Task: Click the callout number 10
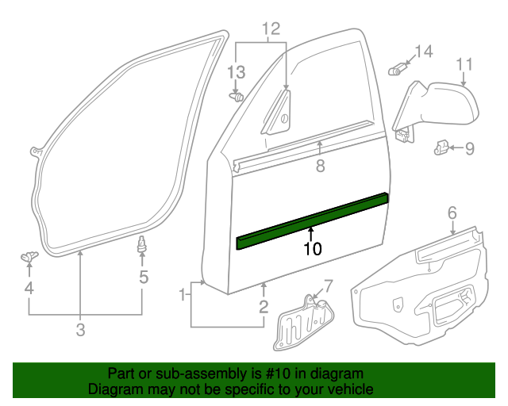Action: tap(312, 249)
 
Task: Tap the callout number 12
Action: tap(271, 29)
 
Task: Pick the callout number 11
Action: tap(464, 63)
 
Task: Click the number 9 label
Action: tap(469, 147)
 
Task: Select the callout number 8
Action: tap(320, 167)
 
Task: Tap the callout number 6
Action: tap(452, 212)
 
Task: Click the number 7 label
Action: tap(329, 285)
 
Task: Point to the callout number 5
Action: tap(144, 277)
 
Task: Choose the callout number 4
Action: tap(29, 289)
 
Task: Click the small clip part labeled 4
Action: tap(29, 255)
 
